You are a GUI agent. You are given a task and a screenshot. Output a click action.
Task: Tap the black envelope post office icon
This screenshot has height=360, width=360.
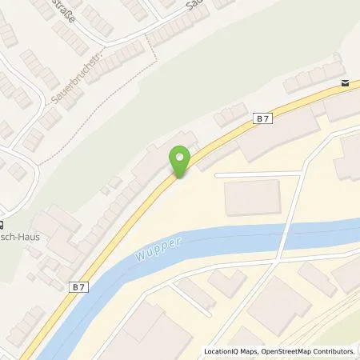[345, 83]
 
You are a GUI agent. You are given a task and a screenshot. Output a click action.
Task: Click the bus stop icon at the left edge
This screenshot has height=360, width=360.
[2, 225]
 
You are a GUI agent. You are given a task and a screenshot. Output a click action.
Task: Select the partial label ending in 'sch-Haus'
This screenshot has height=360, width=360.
[22, 238]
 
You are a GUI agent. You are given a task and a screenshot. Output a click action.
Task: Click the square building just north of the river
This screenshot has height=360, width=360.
[253, 198]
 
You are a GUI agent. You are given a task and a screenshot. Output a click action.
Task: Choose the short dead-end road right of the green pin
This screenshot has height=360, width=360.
[248, 174]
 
